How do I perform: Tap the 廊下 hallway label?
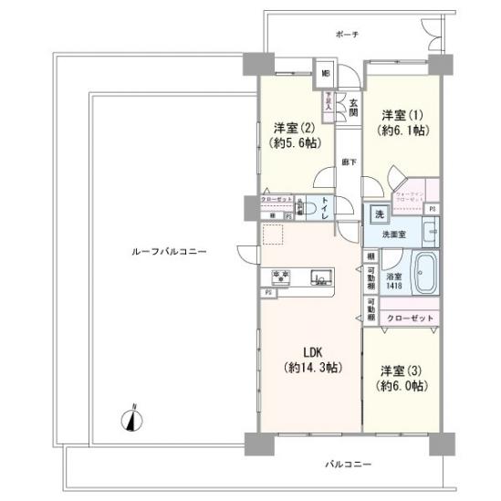[349, 162]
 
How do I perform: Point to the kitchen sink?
[322, 277]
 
